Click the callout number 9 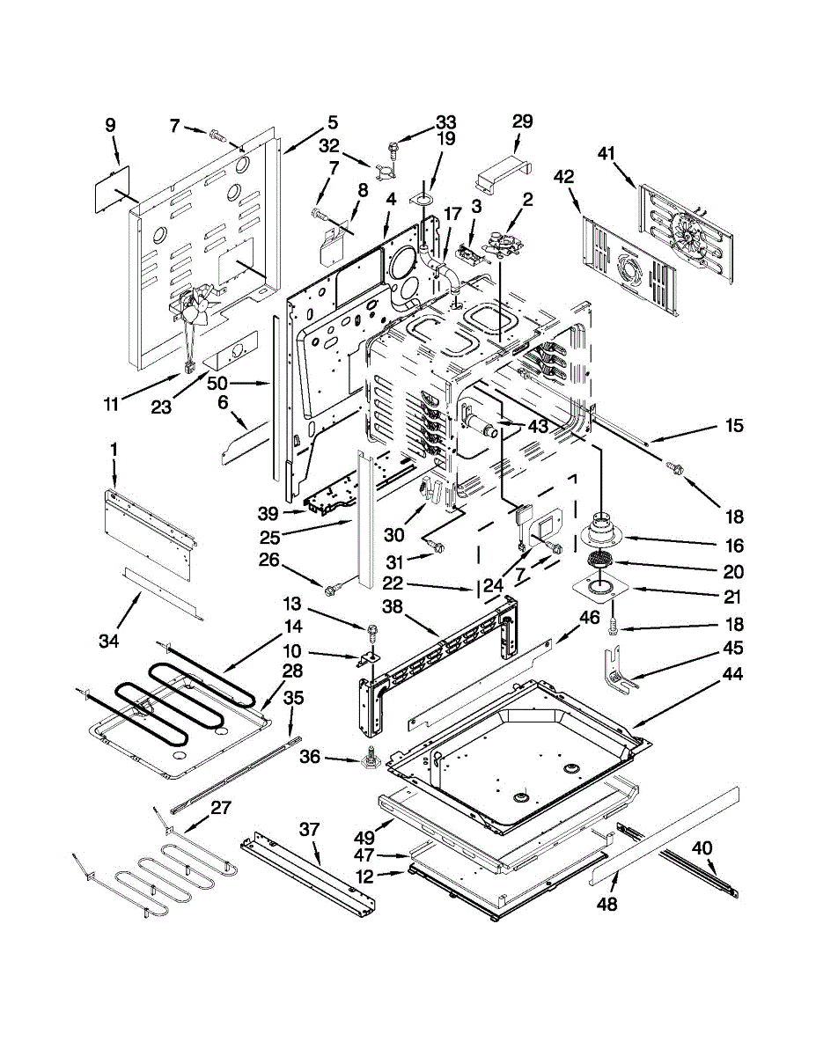coord(110,125)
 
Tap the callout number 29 coord(522,121)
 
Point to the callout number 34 coord(108,642)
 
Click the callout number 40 coord(703,848)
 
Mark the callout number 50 coord(217,383)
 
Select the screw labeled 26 coord(334,586)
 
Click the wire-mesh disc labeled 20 coord(601,559)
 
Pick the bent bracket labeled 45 coord(614,673)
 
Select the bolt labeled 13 coord(373,631)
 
